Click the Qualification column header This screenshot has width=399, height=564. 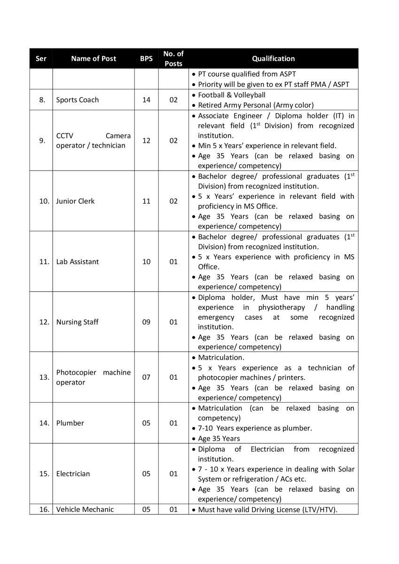click(x=273, y=59)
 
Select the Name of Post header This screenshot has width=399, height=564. click(x=94, y=59)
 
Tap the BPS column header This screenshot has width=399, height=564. click(x=146, y=59)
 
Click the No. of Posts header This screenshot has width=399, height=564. click(x=173, y=59)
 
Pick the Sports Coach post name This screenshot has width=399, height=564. click(x=78, y=100)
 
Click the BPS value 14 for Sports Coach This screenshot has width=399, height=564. click(x=146, y=100)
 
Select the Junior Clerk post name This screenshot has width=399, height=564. click(x=75, y=201)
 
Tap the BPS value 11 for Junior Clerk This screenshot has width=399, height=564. click(x=146, y=201)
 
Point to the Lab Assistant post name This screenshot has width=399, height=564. click(x=78, y=262)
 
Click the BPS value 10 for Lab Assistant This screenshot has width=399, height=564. click(x=146, y=262)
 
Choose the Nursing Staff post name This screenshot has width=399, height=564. click(x=78, y=322)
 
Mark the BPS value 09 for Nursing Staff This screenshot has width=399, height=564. click(x=146, y=322)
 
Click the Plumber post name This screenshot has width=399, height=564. click(x=70, y=423)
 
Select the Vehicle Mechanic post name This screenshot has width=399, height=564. click(x=85, y=509)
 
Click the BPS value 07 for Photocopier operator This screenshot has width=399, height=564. click(x=146, y=377)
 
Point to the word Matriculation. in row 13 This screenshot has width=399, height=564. click(x=221, y=358)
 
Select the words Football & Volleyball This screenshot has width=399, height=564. click(x=232, y=95)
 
